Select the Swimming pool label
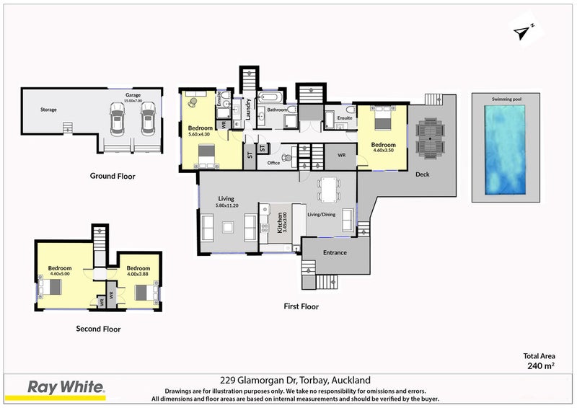tap(506, 98)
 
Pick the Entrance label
tap(335, 252)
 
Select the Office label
tap(273, 163)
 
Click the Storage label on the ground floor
tap(48, 110)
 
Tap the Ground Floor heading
tap(112, 176)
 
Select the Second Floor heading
tap(98, 329)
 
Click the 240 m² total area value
tap(541, 365)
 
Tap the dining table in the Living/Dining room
tap(329, 190)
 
